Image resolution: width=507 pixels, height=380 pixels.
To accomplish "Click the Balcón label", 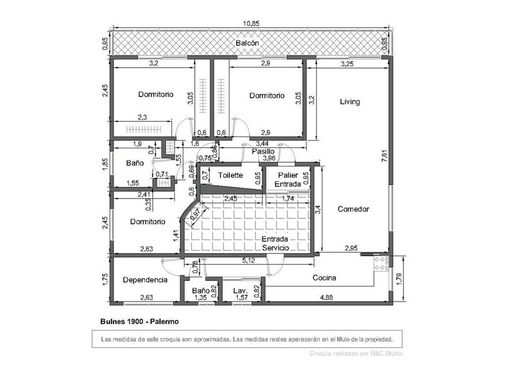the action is (247, 44).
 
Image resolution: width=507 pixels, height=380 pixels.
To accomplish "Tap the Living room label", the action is (349, 102).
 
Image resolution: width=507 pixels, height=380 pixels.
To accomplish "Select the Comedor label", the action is (353, 209).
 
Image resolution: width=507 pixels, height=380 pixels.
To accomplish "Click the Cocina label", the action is (324, 278).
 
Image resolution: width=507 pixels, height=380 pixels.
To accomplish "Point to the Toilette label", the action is (231, 176).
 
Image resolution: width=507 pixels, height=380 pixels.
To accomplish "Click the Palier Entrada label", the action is (288, 179).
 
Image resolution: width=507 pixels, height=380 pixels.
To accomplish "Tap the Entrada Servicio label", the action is (276, 243).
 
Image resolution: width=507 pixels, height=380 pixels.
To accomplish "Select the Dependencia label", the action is (144, 280).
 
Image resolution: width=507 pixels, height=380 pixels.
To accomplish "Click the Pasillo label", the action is (263, 151).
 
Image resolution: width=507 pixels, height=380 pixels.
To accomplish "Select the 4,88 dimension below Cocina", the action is (326, 297).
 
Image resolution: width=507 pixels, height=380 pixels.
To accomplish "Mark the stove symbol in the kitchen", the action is (381, 262).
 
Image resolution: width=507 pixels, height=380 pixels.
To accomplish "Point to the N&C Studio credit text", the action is (356, 353).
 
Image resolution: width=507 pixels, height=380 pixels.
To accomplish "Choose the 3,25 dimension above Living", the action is (347, 63).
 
